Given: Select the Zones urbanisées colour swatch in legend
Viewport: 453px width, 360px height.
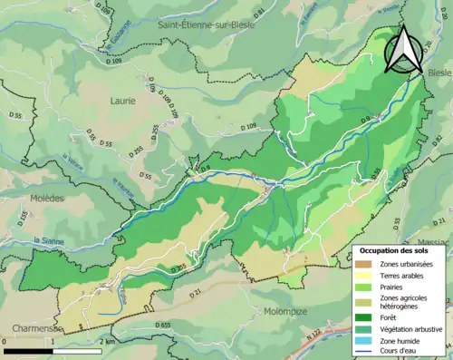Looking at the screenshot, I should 366,264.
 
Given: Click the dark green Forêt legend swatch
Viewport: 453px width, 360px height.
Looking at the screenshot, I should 366,317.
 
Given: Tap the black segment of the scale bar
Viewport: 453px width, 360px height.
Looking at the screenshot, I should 26,350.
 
